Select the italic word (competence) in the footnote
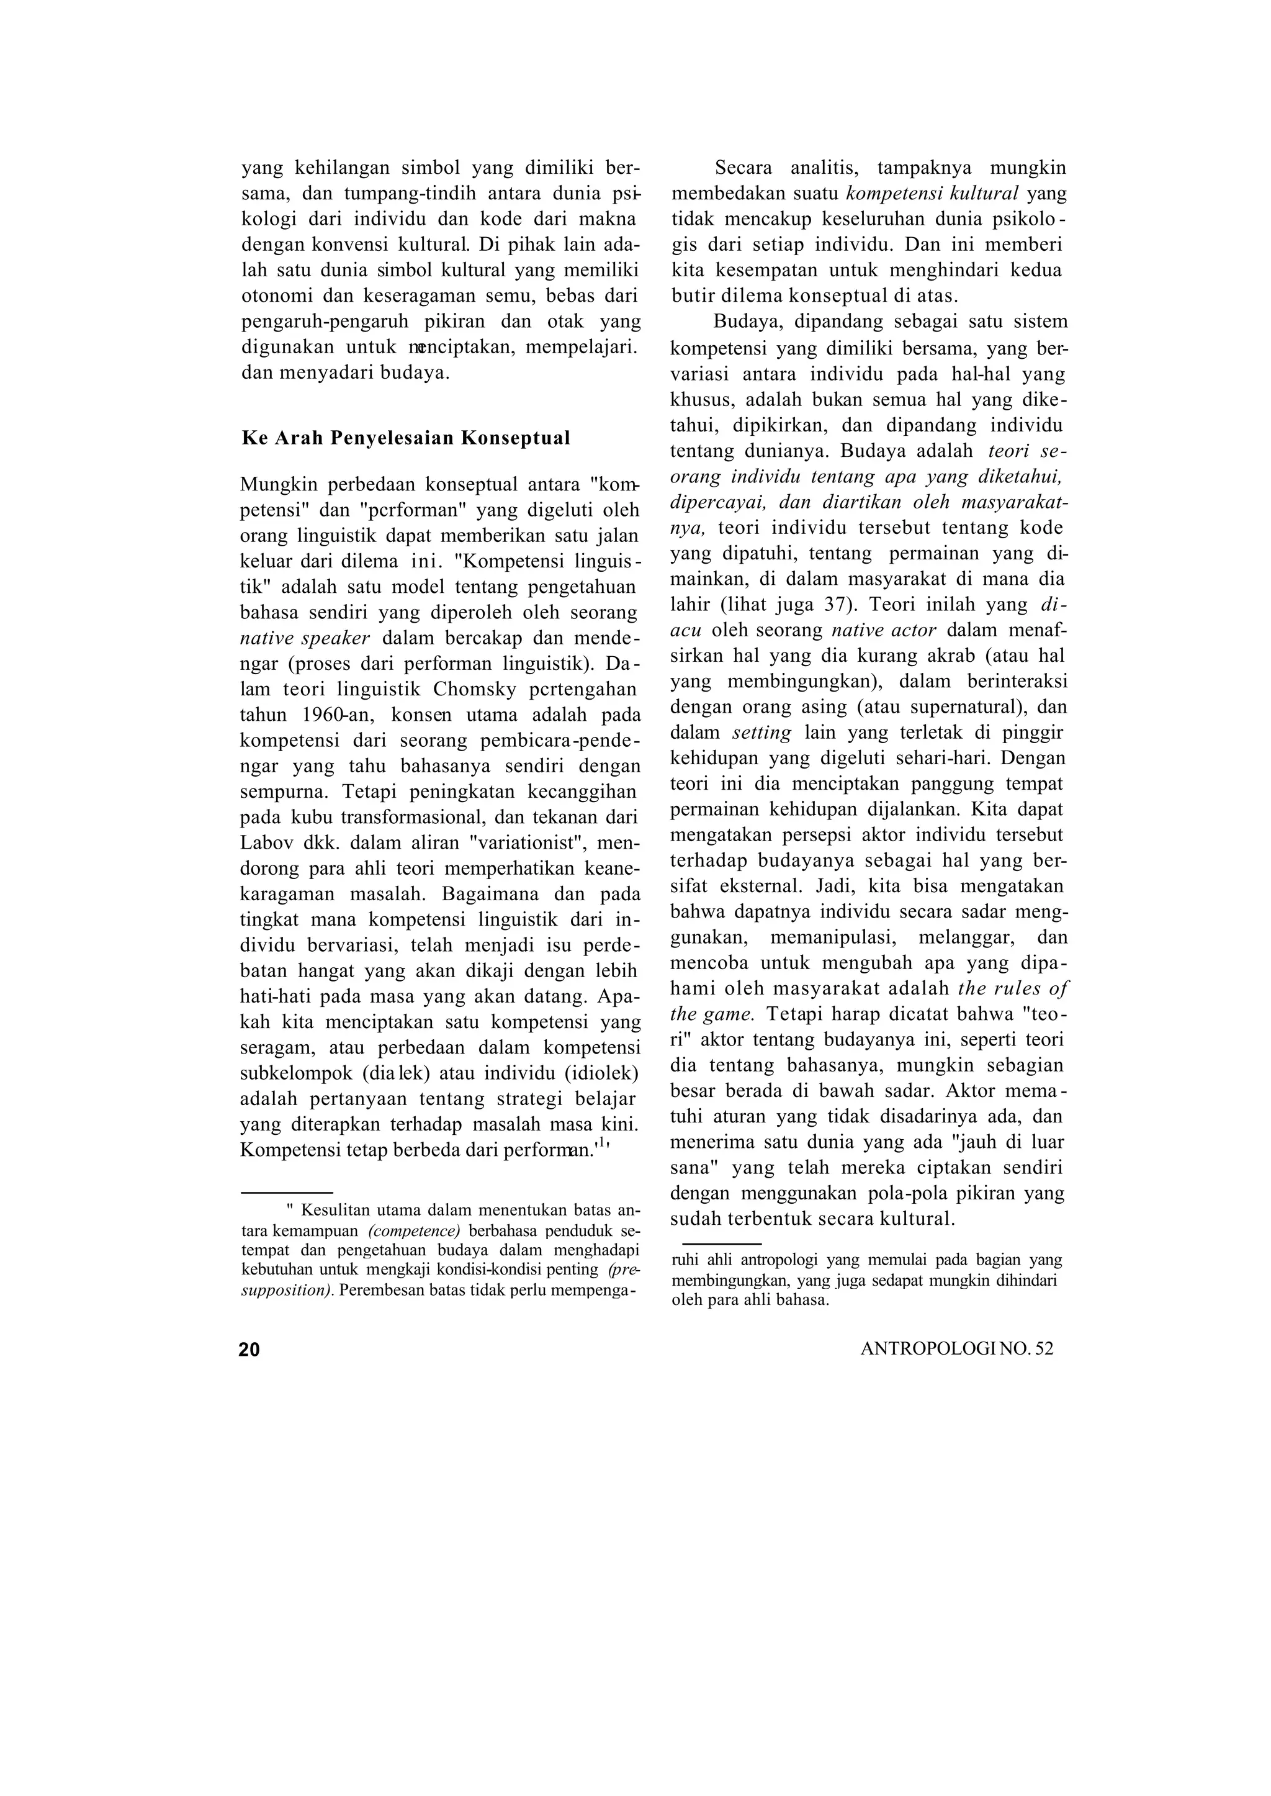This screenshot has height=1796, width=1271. (414, 1230)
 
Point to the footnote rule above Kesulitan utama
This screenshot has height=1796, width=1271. (287, 1193)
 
